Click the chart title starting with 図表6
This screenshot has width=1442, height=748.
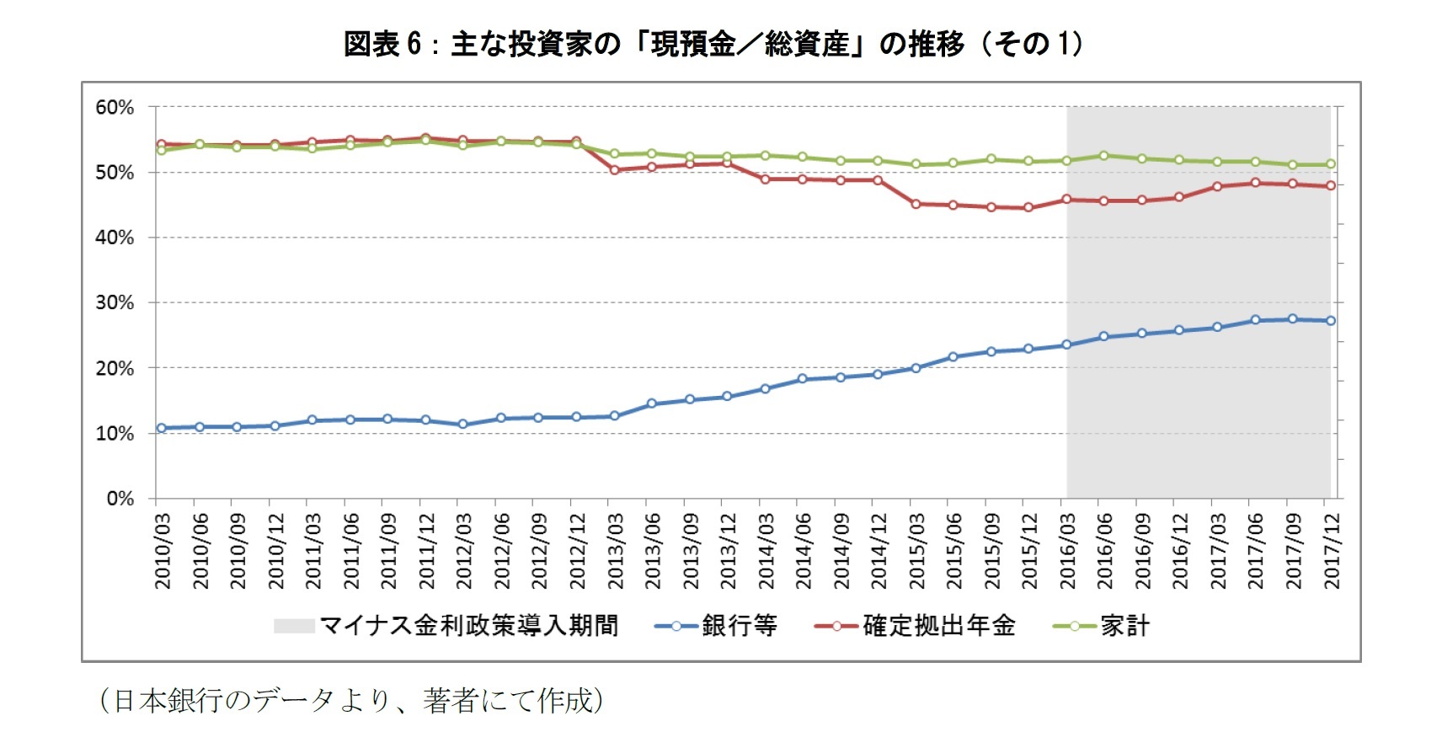click(713, 44)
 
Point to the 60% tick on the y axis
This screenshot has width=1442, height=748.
click(115, 108)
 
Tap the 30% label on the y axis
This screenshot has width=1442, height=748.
click(115, 303)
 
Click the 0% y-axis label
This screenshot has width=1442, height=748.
click(120, 499)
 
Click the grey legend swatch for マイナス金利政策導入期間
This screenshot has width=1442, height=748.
click(294, 626)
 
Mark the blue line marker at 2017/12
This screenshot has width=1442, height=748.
click(1331, 321)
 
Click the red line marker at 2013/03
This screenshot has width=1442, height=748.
click(615, 170)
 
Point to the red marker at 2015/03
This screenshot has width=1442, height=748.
click(916, 204)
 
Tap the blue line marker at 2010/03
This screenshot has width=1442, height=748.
click(162, 428)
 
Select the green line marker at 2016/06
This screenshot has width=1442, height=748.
click(1104, 156)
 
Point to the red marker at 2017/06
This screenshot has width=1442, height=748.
click(1255, 183)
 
